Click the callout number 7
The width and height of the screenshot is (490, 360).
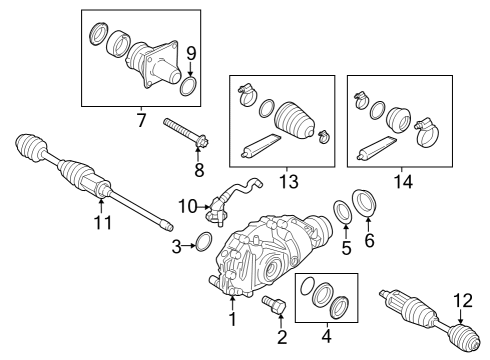[141, 120]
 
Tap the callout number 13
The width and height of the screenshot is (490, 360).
[289, 182]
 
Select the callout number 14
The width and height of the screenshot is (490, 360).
[403, 182]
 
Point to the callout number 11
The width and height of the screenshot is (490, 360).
[103, 223]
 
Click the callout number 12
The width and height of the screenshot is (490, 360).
[463, 301]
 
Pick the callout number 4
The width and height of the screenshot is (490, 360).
[327, 336]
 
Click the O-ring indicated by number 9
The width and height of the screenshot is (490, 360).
[189, 86]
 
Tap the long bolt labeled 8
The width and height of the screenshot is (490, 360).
[186, 134]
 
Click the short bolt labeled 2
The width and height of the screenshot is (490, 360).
[275, 304]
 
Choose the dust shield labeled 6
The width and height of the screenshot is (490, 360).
[364, 203]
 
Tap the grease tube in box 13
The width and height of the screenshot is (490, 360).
[261, 145]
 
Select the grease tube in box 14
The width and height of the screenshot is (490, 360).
[377, 148]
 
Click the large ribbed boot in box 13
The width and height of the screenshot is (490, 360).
[294, 120]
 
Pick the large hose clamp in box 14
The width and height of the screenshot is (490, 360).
[427, 133]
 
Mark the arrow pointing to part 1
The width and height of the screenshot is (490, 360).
[232, 303]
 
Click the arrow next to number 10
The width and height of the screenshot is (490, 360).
[203, 207]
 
